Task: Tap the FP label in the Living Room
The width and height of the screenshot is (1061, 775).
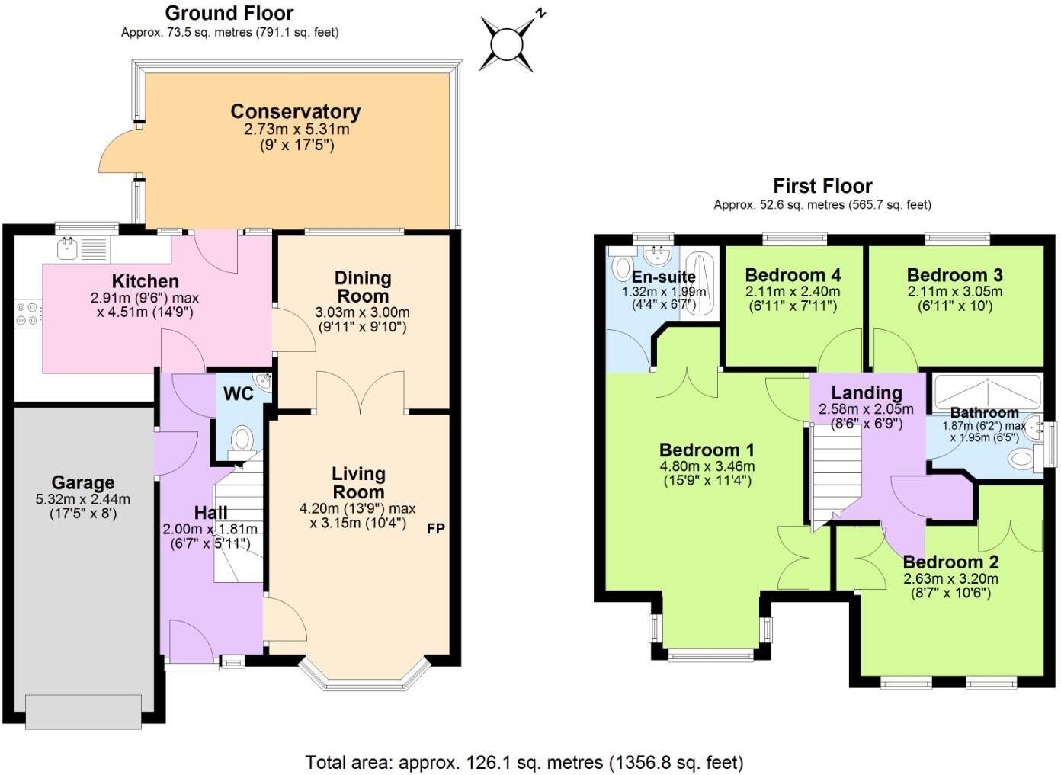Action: click(435, 528)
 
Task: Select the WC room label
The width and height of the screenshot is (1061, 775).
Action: click(238, 394)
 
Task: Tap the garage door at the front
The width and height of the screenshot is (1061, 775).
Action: click(83, 711)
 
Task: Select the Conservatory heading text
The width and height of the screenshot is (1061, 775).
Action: click(295, 112)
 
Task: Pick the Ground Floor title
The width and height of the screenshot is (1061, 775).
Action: click(229, 13)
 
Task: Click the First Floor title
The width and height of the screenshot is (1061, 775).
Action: click(822, 186)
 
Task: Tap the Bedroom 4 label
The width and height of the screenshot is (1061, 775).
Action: click(793, 275)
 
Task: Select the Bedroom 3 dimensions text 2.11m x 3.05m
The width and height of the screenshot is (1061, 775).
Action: click(954, 292)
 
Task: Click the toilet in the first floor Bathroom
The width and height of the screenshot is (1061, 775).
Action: click(1021, 459)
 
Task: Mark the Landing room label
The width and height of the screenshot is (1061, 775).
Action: click(866, 393)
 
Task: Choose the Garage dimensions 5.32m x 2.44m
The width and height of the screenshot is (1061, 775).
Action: click(82, 500)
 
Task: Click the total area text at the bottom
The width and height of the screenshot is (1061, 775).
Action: click(524, 762)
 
